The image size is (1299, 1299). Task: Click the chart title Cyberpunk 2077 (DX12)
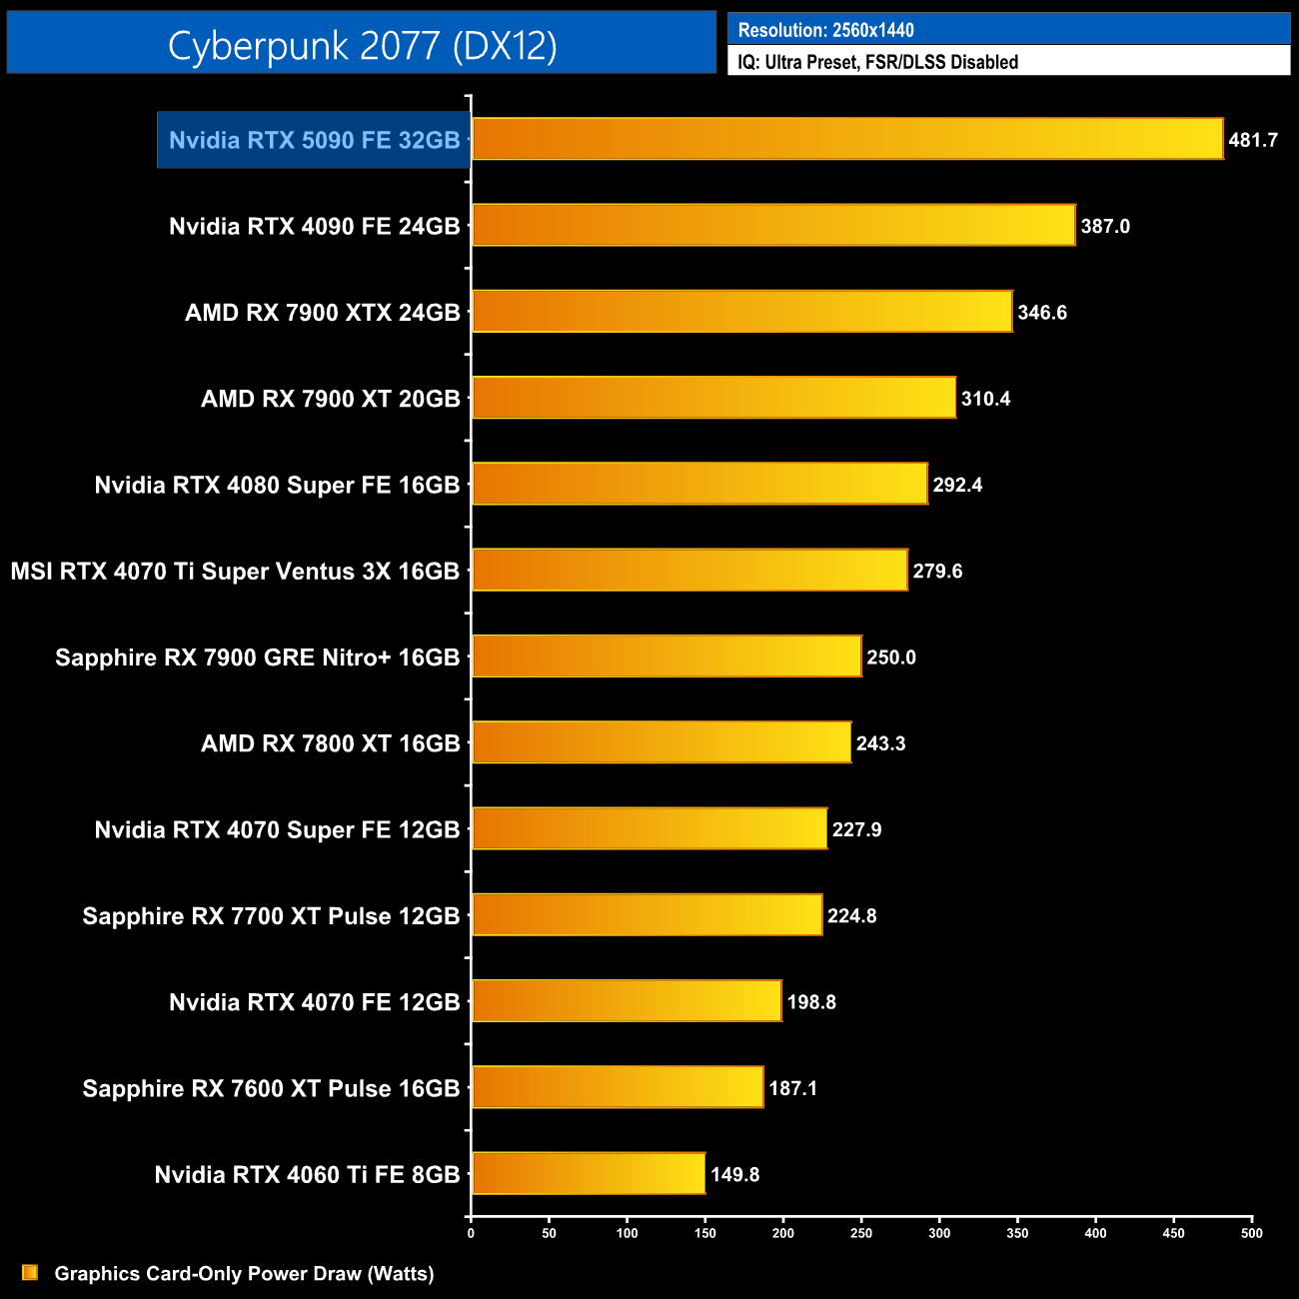362,45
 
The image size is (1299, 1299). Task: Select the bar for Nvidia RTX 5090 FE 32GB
847,139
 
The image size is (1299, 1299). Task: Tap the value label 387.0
1105,226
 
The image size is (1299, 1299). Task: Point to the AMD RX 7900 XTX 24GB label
322,313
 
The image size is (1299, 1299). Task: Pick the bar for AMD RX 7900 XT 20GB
713,398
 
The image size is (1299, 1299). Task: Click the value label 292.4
957,485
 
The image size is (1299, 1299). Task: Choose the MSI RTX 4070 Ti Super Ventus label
235,572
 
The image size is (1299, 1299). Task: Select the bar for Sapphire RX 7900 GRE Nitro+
666,656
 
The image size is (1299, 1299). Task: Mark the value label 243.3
880,743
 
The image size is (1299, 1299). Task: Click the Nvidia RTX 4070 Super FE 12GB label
277,829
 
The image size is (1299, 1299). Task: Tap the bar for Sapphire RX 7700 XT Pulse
647,915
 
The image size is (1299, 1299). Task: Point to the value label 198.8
811,1002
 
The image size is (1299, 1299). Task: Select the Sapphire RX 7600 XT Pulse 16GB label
271,1088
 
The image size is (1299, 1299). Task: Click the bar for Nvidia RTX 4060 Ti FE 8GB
589,1173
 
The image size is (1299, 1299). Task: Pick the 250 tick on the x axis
861,1233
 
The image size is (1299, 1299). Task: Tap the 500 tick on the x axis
1251,1233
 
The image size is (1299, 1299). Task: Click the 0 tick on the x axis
471,1233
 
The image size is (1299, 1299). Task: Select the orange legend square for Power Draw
30,1273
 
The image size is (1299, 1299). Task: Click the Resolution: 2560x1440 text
825,30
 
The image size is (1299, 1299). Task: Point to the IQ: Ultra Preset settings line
877,62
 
